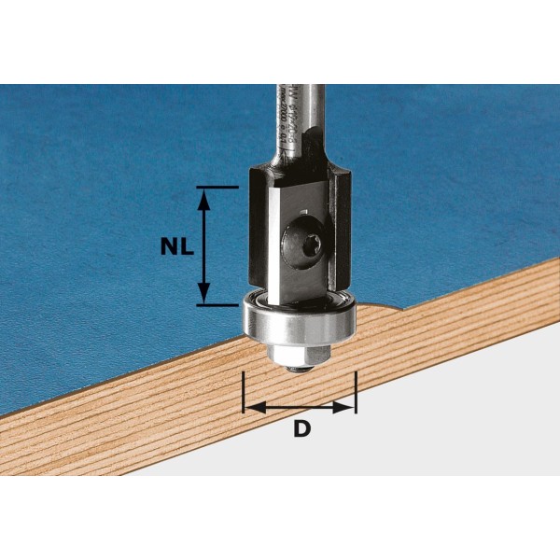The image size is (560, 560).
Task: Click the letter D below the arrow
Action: (x=301, y=429)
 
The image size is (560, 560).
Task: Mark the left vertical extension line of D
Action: (x=243, y=392)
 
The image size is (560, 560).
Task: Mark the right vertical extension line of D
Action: (x=356, y=392)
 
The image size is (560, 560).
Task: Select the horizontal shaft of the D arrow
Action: (x=299, y=407)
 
